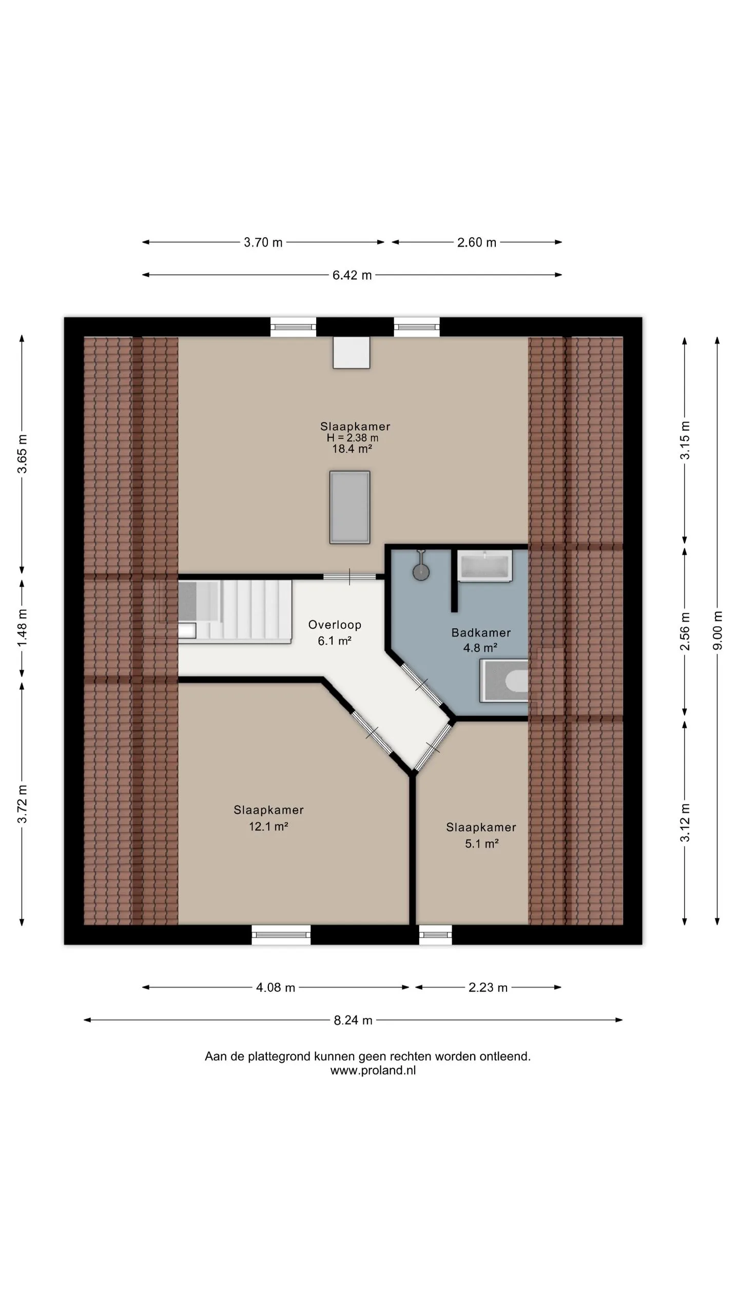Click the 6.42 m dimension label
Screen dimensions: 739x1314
point(352,275)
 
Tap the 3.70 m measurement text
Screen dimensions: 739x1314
point(263,242)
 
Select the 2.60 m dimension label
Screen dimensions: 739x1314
point(477,242)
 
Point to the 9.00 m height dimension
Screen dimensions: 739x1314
point(717,630)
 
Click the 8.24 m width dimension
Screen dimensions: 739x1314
point(353,1020)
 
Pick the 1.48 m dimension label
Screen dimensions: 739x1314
point(22,628)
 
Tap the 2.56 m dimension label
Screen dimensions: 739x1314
point(685,631)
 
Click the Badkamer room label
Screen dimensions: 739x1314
point(481,633)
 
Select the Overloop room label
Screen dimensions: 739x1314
point(335,625)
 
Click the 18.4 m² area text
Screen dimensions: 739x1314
point(352,449)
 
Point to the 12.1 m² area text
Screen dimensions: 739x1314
point(268,826)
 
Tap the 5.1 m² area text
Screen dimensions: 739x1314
point(482,844)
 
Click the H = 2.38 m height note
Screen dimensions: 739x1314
point(353,438)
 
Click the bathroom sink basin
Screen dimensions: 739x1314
point(484,566)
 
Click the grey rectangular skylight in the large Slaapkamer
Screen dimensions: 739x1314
point(349,507)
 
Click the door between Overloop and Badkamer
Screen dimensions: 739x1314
point(421,684)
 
